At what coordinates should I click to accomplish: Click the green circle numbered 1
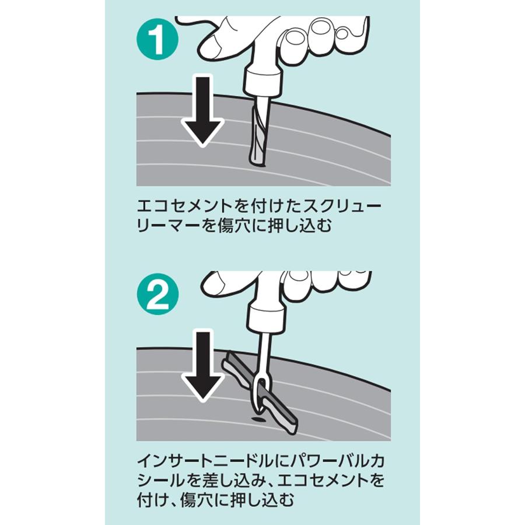tap(157, 39)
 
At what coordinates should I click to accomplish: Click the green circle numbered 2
tap(157, 295)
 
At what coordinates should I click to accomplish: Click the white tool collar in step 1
tap(262, 80)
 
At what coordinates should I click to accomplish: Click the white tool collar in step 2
tap(266, 319)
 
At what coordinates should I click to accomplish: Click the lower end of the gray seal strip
tap(290, 425)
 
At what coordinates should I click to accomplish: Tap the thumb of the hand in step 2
tap(218, 283)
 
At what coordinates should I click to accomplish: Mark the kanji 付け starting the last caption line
tap(152, 500)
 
